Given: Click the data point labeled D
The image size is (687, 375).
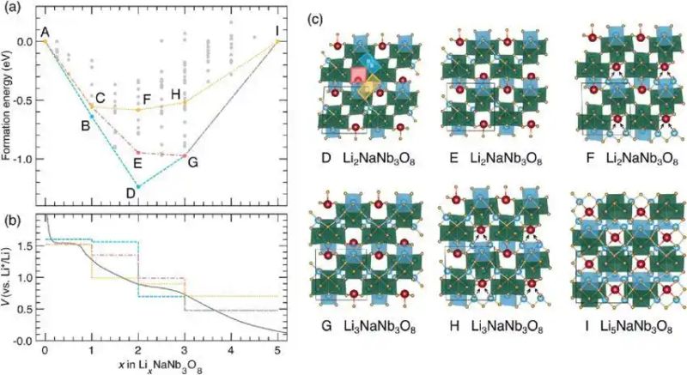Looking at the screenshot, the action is click(138, 187).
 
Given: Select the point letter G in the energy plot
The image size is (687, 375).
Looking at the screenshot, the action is click(192, 163).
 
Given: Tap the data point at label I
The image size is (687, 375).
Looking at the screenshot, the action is click(277, 41).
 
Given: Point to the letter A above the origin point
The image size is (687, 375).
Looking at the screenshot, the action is click(45, 32).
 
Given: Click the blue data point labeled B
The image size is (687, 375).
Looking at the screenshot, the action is click(92, 117).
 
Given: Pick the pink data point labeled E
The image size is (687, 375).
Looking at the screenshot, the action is click(138, 153).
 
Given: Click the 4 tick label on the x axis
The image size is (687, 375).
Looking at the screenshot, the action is click(230, 350).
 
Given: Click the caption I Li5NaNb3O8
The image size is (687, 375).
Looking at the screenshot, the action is click(628, 326).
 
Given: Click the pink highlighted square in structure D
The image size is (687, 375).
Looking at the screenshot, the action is click(358, 76).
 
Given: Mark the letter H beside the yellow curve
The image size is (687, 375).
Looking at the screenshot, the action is click(176, 94).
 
